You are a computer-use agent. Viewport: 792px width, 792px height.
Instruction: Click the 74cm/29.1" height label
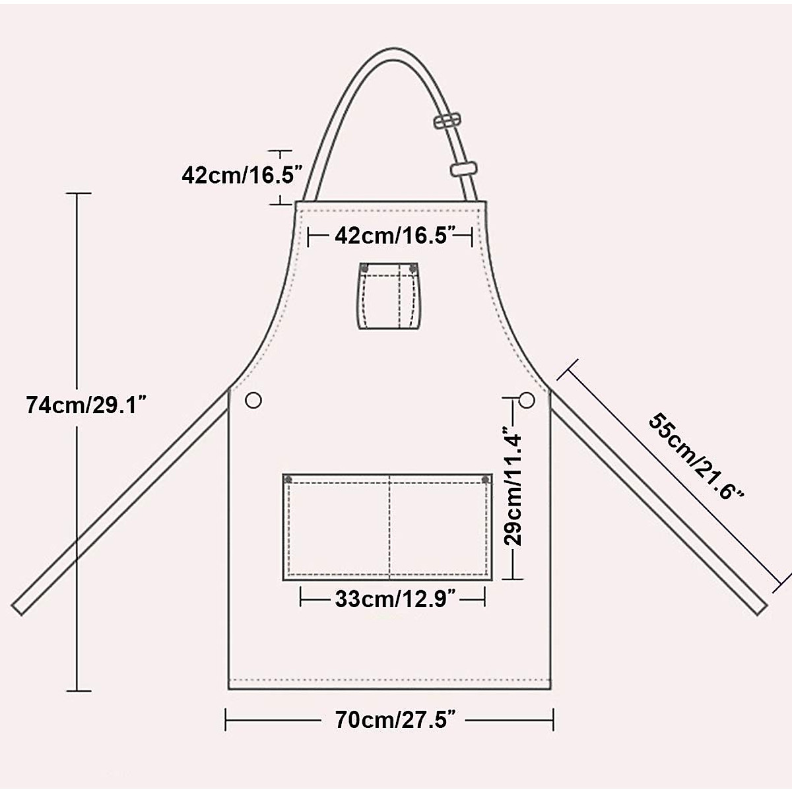tap(85, 404)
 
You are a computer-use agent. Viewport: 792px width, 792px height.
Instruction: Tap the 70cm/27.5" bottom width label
tap(395, 720)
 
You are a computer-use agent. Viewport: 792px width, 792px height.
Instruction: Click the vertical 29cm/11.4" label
tap(513, 488)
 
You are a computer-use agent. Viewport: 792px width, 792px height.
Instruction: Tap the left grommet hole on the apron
tap(253, 400)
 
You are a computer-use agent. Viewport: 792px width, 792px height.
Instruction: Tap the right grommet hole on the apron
tap(527, 399)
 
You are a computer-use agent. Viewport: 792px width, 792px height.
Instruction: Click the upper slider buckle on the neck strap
tap(447, 121)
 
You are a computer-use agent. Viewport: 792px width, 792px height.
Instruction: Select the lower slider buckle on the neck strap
tap(463, 168)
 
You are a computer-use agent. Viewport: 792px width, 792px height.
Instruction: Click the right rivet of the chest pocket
tap(413, 267)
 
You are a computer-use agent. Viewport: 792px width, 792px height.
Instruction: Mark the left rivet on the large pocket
tap(288, 480)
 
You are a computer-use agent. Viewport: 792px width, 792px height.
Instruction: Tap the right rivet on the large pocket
tap(485, 479)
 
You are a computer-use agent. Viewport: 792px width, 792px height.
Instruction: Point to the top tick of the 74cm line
tap(79, 193)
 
